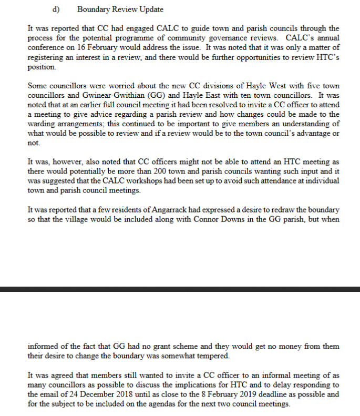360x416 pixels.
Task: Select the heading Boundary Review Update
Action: pos(120,9)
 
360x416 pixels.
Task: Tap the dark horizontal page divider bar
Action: pos(180,289)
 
